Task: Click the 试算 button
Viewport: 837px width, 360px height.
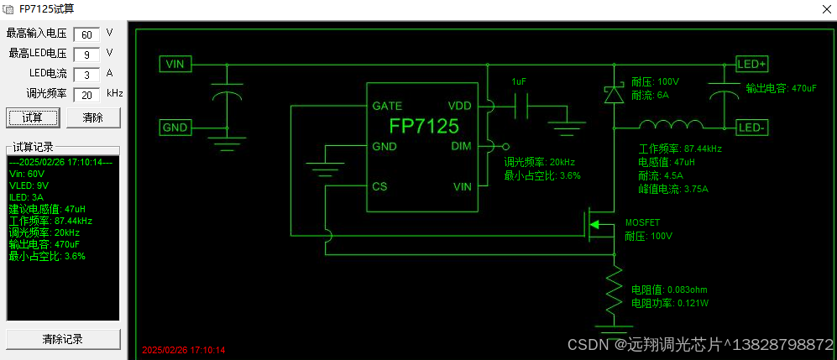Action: coord(33,117)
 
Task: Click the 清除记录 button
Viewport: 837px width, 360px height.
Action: coord(63,340)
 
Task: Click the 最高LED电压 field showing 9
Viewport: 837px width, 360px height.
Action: coord(86,54)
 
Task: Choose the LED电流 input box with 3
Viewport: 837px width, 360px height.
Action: coord(86,74)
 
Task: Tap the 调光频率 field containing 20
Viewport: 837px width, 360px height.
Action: coord(86,95)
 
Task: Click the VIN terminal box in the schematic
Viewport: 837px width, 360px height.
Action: coord(175,64)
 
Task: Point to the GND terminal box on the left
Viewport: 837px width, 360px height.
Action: coord(175,128)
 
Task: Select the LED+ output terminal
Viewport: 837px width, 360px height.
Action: coord(751,64)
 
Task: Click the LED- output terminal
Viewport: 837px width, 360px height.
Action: coord(751,128)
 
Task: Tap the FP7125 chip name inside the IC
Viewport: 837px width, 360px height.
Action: coord(424,127)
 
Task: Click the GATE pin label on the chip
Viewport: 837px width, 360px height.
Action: coord(386,107)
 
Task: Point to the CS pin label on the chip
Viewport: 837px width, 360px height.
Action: coord(379,186)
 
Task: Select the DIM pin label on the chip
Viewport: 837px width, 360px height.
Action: coord(462,145)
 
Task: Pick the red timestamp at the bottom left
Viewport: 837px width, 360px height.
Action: coord(184,350)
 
